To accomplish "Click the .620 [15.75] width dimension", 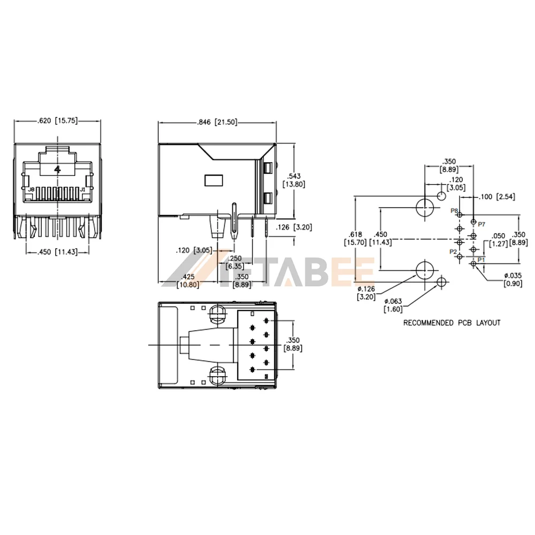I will pyautogui.click(x=58, y=121).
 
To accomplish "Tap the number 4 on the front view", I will pyautogui.click(x=57, y=169).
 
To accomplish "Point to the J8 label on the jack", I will pyautogui.click(x=31, y=190).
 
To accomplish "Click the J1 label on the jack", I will pyautogui.click(x=83, y=190).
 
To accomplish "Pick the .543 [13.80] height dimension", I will pyautogui.click(x=294, y=180).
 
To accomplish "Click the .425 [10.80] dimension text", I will pyautogui.click(x=188, y=280).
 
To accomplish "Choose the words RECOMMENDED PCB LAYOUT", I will pyautogui.click(x=452, y=323).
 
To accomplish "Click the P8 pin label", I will pyautogui.click(x=454, y=211).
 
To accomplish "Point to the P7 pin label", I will pyautogui.click(x=481, y=224).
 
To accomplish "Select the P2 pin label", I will pyautogui.click(x=453, y=251).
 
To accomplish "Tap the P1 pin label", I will pyautogui.click(x=481, y=260).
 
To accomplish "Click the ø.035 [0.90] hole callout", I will pyautogui.click(x=513, y=279).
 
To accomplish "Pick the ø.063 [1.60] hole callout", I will pyautogui.click(x=393, y=305).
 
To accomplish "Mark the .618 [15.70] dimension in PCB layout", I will pyautogui.click(x=356, y=238).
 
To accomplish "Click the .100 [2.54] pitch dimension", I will pyautogui.click(x=498, y=197).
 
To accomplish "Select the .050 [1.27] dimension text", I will pyautogui.click(x=498, y=239).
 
